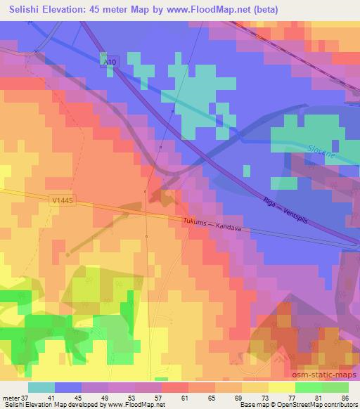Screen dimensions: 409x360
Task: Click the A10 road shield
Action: [x=107, y=62]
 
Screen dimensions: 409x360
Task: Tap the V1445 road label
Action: [x=62, y=201]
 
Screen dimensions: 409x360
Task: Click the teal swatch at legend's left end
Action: [x=41, y=387]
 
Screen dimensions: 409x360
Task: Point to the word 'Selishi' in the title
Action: [x=21, y=10]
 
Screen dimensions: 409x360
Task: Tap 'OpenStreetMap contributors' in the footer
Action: [x=316, y=405]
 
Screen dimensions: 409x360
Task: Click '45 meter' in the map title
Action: [x=114, y=10]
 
